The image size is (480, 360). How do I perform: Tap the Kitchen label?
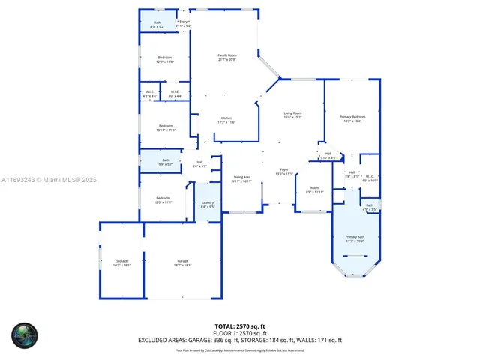[226, 120]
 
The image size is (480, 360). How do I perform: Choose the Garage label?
[182, 262]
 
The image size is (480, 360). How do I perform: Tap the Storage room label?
[121, 262]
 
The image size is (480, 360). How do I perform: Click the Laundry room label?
[208, 205]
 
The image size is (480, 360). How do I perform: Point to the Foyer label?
[284, 172]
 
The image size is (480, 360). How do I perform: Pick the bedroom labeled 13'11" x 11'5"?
[165, 127]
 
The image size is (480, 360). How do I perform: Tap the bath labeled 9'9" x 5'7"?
[165, 162]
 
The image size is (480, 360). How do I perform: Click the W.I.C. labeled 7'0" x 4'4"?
[174, 94]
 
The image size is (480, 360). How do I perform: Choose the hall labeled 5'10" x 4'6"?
[328, 156]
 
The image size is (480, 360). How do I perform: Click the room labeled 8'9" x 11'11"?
[315, 190]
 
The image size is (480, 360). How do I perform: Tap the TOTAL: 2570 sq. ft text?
[240, 326]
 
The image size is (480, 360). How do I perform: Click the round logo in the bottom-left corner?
[24, 336]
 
